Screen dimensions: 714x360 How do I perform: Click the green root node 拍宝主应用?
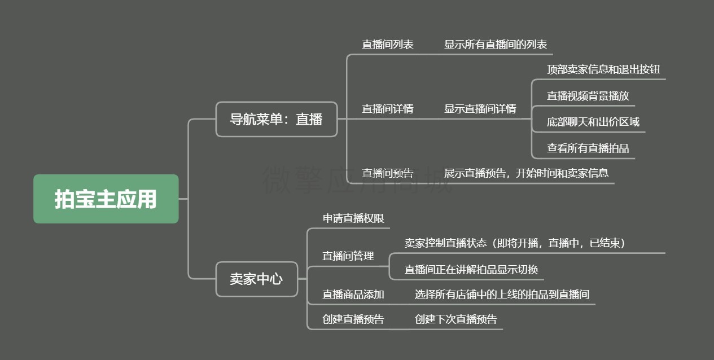click(106, 199)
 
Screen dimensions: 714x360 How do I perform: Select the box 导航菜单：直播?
click(277, 119)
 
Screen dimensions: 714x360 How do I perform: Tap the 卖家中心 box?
click(257, 279)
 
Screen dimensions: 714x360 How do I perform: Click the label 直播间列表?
click(388, 44)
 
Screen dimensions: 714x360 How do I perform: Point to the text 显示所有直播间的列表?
click(496, 44)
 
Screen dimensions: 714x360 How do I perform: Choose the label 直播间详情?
click(388, 109)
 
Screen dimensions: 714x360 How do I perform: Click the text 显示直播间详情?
click(480, 109)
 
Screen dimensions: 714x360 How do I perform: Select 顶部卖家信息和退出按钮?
click(603, 69)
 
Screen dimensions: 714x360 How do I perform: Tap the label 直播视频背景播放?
click(588, 95)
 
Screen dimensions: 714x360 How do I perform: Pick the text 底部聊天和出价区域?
click(593, 122)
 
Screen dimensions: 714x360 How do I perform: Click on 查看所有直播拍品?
click(588, 148)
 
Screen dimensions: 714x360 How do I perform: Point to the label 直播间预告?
click(388, 173)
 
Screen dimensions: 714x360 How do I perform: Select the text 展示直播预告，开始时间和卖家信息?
click(526, 173)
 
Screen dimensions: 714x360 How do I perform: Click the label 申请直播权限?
click(353, 218)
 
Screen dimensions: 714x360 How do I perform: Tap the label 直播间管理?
click(348, 256)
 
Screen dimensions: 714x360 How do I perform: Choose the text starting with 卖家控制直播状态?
click(515, 243)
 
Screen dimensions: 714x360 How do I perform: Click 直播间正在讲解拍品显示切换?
click(471, 270)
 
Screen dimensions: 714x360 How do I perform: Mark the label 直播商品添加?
click(353, 295)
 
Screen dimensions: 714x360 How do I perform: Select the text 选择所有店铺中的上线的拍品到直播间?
click(502, 295)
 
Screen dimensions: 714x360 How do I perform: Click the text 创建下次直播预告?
click(456, 319)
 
